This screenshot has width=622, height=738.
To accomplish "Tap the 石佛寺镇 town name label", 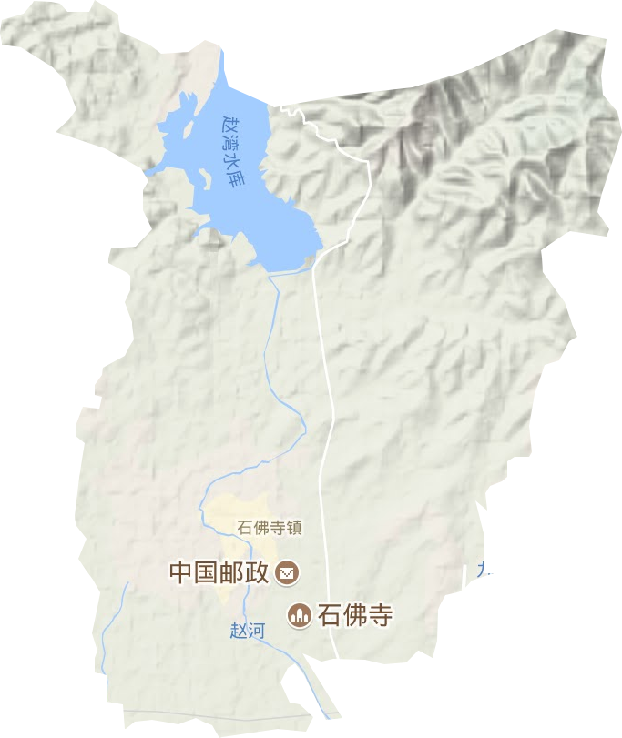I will point(270,527).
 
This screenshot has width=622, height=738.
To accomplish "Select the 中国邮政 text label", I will point(219,572).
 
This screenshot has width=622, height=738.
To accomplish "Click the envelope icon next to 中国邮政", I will point(288,572).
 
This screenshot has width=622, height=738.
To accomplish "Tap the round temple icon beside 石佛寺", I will point(299,616).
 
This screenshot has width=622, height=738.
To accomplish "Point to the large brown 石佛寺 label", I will point(355,616).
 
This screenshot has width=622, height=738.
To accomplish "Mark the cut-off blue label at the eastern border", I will point(480,571).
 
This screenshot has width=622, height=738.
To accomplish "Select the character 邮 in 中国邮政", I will point(231,572).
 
